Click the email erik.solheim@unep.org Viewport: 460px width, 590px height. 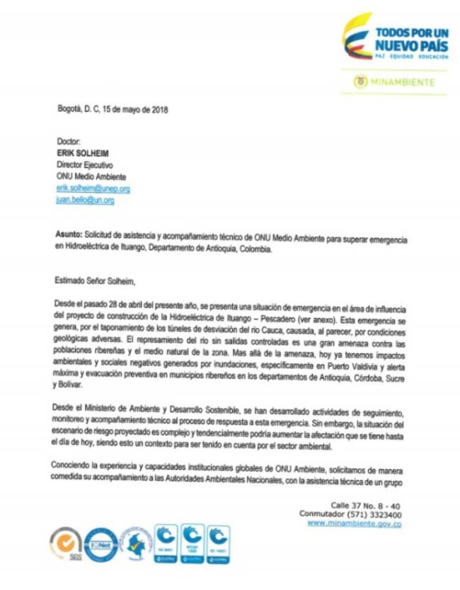pyautogui.click(x=93, y=188)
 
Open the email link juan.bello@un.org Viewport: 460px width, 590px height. pyautogui.click(x=85, y=200)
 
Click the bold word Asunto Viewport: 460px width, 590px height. pyautogui.click(x=69, y=233)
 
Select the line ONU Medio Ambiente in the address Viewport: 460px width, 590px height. pyautogui.click(x=91, y=176)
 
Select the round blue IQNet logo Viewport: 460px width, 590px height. pyautogui.click(x=100, y=545)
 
